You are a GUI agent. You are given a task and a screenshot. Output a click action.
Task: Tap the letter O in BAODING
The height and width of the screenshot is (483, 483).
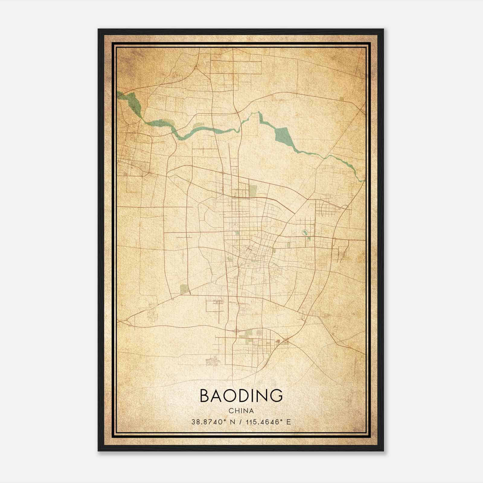point(232,396)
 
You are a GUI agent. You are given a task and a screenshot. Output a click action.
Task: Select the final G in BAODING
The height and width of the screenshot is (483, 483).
point(276,396)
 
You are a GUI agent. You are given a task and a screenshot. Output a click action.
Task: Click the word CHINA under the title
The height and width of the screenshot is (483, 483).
point(241,411)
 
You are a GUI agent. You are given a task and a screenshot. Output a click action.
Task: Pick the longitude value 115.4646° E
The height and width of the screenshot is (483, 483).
point(268,422)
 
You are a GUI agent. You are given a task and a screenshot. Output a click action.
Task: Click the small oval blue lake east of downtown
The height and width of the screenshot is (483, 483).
point(304,232)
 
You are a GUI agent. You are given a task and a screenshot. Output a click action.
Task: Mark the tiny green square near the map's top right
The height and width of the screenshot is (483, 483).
point(341,98)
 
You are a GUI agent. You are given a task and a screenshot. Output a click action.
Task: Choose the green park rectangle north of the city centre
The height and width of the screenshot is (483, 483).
point(253,191)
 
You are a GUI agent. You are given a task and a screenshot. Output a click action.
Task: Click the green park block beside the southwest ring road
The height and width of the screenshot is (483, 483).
point(184,289)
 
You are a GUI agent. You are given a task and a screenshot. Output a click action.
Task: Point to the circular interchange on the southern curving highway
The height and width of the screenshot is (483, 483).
point(237,330)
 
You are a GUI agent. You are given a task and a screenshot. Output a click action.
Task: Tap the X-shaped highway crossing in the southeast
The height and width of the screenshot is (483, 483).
point(286,341)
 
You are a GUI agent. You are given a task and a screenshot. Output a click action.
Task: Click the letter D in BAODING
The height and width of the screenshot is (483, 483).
point(247,396)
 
